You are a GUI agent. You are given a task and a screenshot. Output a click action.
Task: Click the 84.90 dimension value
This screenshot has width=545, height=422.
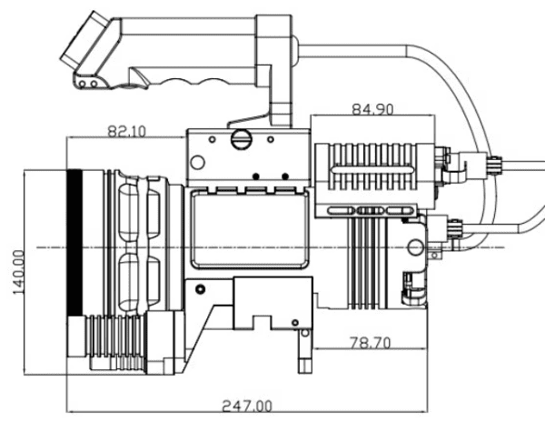(x=372, y=109)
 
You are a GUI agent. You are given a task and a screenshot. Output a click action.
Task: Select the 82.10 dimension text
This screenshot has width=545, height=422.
(x=126, y=132)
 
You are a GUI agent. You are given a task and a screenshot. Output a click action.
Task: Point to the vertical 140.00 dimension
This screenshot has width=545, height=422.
(x=18, y=272)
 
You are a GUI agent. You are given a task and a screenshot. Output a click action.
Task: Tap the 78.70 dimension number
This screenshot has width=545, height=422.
(x=371, y=344)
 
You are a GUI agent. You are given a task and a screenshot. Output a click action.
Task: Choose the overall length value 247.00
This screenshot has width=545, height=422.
(x=247, y=406)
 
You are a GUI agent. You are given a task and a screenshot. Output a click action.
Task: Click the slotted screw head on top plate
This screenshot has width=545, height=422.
(x=241, y=139)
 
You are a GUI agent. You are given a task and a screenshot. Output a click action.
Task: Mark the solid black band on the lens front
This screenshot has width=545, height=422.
(x=74, y=242)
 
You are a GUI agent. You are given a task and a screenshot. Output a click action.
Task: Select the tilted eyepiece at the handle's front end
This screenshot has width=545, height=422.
(x=84, y=42)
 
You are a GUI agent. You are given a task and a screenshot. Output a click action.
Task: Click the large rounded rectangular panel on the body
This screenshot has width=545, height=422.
(x=249, y=229)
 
